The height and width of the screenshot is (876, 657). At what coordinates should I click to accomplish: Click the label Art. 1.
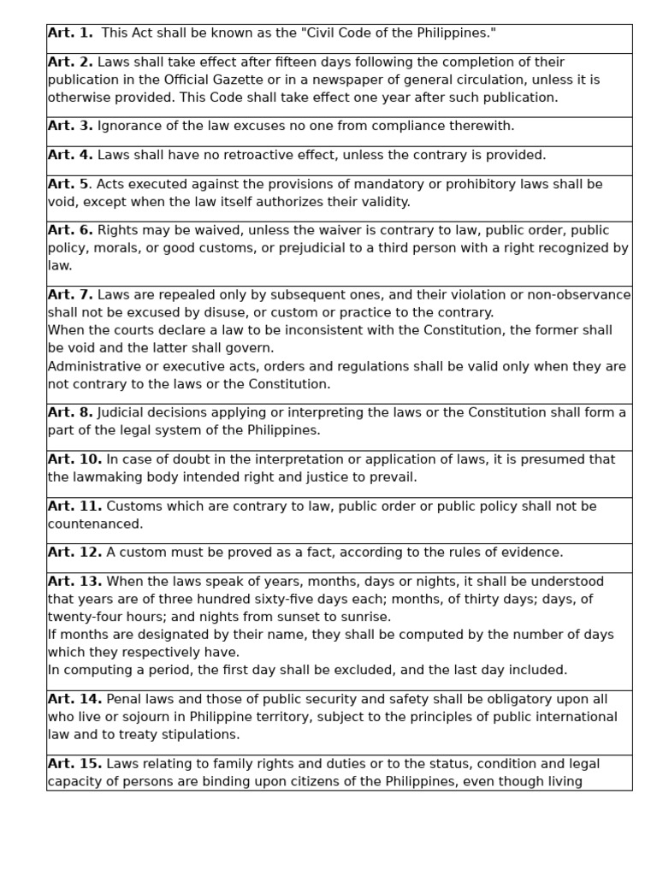pos(70,33)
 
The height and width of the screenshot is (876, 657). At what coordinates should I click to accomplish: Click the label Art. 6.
pos(70,231)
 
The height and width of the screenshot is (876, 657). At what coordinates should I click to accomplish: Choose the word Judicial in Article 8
pos(125,413)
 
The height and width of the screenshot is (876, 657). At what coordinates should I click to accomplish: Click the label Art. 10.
pos(74,460)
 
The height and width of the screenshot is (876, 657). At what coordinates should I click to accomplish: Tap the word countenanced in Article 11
pos(94,524)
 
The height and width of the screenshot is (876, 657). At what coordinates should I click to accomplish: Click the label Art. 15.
pos(74,764)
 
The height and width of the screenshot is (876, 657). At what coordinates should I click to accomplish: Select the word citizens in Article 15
pos(305,782)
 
